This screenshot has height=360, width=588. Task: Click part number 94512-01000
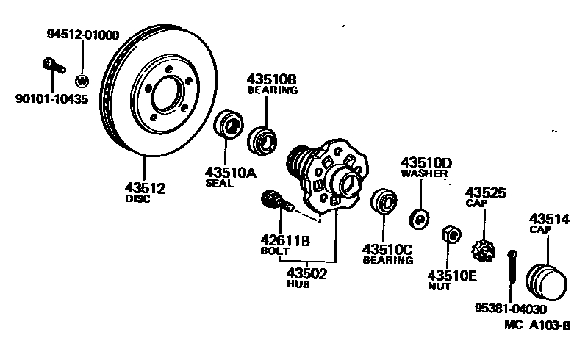(83, 35)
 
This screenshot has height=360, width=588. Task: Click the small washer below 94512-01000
(82, 80)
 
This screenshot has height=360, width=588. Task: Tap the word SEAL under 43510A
(219, 184)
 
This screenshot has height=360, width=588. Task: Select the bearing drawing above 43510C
(383, 202)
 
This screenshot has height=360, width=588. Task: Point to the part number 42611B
(284, 239)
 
